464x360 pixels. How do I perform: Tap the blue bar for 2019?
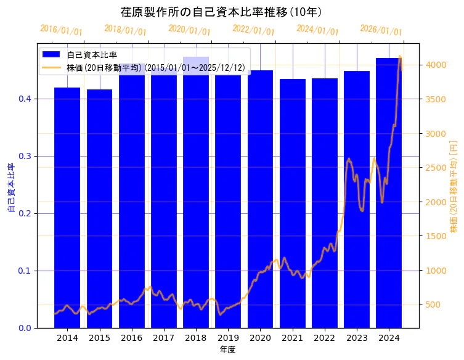[x=228, y=197]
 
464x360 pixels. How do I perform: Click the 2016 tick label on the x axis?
[x=131, y=338]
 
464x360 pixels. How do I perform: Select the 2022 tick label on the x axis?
[x=325, y=338]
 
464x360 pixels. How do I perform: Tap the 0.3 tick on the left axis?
[x=24, y=156]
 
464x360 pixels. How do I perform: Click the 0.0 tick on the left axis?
[x=24, y=328]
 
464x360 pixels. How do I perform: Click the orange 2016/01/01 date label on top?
[x=61, y=30]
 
